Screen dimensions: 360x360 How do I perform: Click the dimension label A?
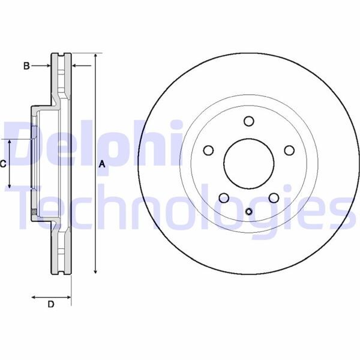[x=102, y=164]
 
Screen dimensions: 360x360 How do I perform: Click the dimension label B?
[x=26, y=66]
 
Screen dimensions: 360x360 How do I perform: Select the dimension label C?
[x=3, y=163]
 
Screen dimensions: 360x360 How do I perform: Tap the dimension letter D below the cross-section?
[x=51, y=304]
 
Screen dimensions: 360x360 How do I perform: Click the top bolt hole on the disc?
[x=248, y=121]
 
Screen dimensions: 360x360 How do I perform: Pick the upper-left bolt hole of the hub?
[x=208, y=150]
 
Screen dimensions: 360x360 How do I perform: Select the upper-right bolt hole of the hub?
[x=289, y=150]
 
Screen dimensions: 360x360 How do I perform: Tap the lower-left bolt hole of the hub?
[x=224, y=197]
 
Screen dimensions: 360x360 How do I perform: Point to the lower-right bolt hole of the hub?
[x=273, y=197]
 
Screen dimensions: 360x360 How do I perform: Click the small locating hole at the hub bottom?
[x=248, y=211]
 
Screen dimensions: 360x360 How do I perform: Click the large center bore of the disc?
[x=248, y=163]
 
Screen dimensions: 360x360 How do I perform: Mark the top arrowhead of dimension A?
[x=95, y=56]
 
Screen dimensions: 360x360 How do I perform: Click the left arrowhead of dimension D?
[x=34, y=296]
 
